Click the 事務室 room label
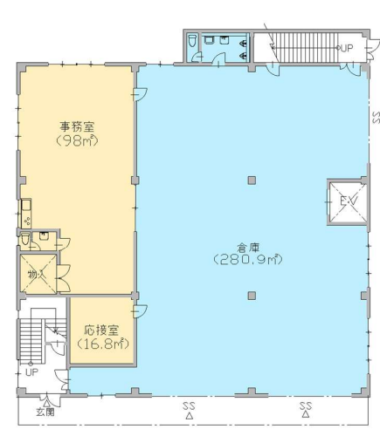77,127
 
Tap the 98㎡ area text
77,140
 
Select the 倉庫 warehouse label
248,248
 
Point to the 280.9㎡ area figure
248,259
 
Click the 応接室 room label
101,330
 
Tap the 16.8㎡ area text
103,344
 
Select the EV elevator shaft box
347,201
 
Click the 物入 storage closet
38,274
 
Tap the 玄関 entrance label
45,412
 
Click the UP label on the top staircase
347,48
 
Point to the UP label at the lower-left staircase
31,372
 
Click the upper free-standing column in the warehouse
252,181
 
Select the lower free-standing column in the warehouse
252,296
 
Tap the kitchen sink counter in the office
26,214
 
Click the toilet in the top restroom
192,41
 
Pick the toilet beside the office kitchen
25,239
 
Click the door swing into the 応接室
140,311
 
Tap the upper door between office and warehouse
140,94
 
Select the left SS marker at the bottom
189,410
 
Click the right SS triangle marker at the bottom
306,414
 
